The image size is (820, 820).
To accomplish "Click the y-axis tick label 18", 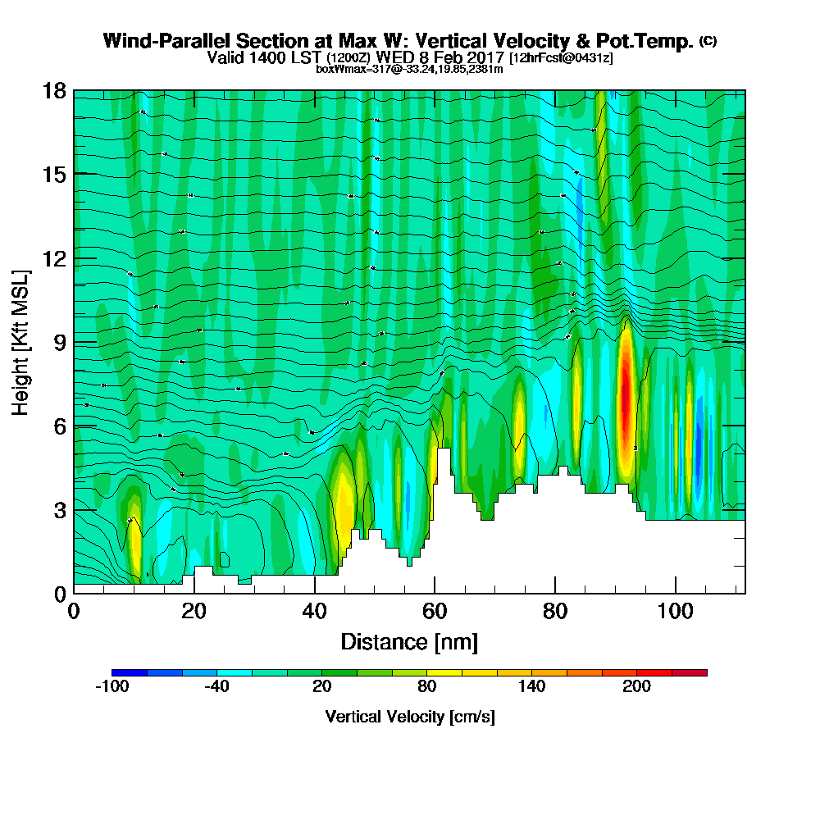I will pyautogui.click(x=54, y=90).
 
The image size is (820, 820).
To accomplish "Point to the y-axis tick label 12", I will pyautogui.click(x=54, y=258).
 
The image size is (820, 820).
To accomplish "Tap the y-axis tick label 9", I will pyautogui.click(x=59, y=342).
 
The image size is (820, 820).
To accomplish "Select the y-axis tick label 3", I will pyautogui.click(x=59, y=510).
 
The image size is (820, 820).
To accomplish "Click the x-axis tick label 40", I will pyautogui.click(x=314, y=612).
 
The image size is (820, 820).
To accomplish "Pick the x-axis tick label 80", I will pyautogui.click(x=555, y=612).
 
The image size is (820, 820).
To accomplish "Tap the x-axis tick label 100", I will pyautogui.click(x=675, y=612).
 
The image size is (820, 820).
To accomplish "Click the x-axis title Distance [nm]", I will pyautogui.click(x=409, y=641).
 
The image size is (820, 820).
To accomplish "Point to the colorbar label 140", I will pyautogui.click(x=532, y=687).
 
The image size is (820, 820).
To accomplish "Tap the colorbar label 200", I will pyautogui.click(x=637, y=687).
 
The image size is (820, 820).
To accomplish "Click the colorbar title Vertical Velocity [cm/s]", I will pyautogui.click(x=410, y=717).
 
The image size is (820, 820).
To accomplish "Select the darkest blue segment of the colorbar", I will pyautogui.click(x=130, y=672).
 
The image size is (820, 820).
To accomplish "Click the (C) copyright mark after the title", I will pyautogui.click(x=708, y=41).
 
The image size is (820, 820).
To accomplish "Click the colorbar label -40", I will pyautogui.click(x=216, y=687).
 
